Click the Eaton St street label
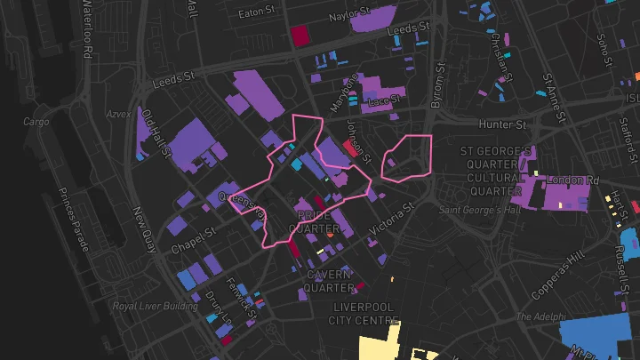(x=260, y=13)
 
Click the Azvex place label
(x=119, y=115)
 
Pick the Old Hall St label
(x=156, y=134)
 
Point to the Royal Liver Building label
(x=156, y=306)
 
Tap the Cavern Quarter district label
(x=328, y=281)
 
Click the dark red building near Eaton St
(x=300, y=35)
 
